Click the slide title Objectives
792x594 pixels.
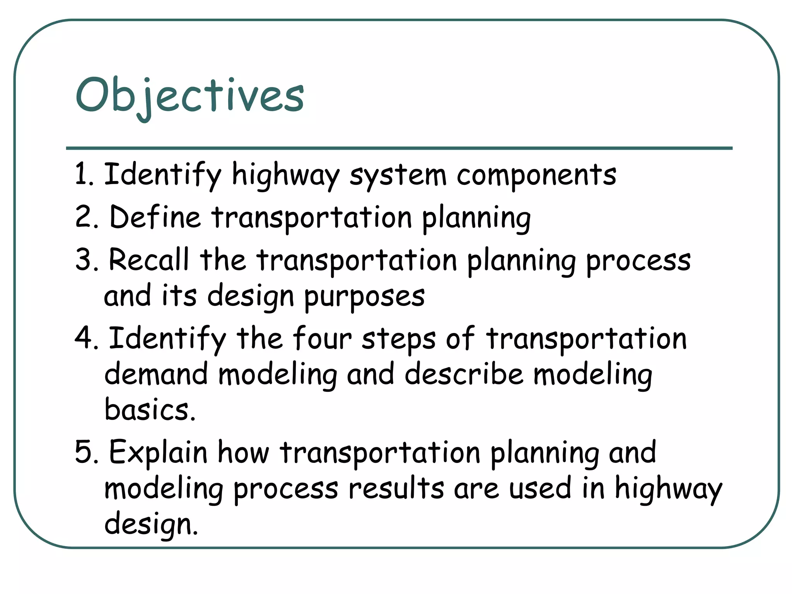(189, 96)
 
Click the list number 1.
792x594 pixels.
(83, 174)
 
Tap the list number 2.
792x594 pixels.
(86, 217)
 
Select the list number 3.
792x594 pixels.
(86, 259)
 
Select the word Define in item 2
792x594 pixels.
(155, 217)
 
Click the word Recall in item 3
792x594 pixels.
(149, 259)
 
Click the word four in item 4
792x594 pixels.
(322, 338)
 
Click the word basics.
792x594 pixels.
(150, 410)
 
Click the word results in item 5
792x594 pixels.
(396, 488)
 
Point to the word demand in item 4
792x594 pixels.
(156, 374)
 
